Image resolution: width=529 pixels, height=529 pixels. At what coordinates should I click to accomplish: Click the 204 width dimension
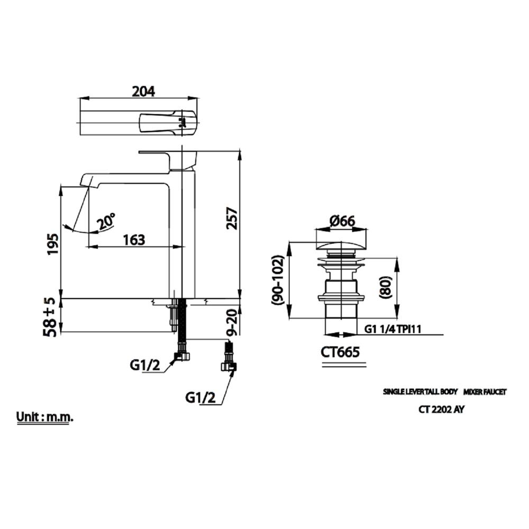pos(143,91)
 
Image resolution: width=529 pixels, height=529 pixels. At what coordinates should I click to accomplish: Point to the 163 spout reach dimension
pos(134,240)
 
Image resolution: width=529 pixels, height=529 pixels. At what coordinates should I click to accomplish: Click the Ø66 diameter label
pos(342,222)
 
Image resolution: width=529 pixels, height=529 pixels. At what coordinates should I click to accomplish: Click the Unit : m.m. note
pos(45,416)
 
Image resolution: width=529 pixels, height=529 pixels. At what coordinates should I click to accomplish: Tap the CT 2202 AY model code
pos(442,409)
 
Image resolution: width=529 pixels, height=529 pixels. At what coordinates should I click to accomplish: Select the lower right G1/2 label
pos(200,397)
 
